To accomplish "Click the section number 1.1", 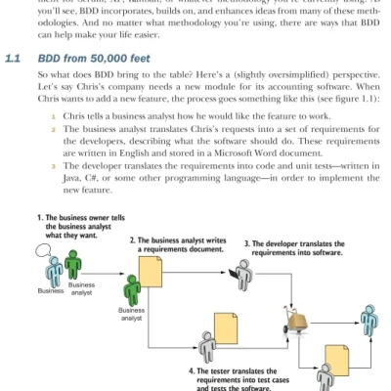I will [x=13, y=60].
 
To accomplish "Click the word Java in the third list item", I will [x=74, y=205].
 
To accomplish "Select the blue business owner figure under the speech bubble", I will [x=55, y=269].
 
